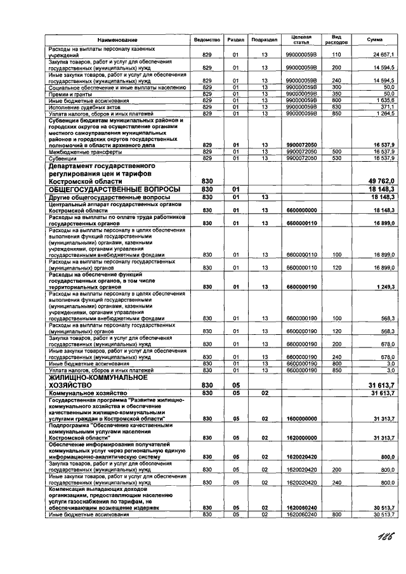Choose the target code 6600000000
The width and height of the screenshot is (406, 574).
[301, 210]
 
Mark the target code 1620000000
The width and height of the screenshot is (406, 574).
[301, 438]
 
